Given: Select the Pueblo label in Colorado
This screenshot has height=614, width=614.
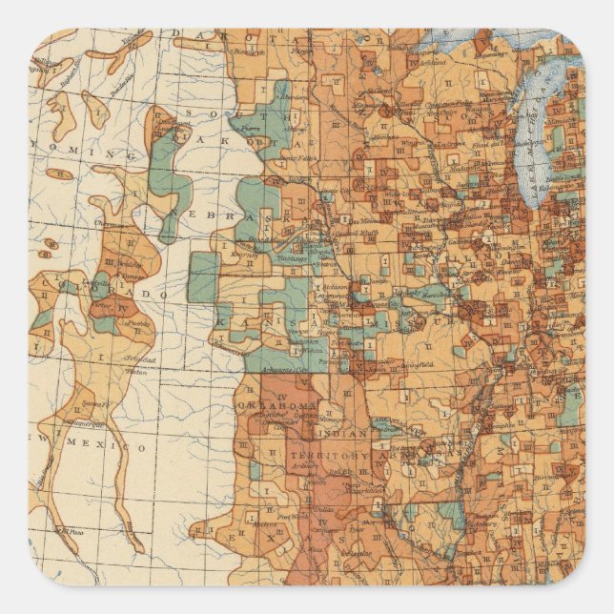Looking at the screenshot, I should tap(139, 323).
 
